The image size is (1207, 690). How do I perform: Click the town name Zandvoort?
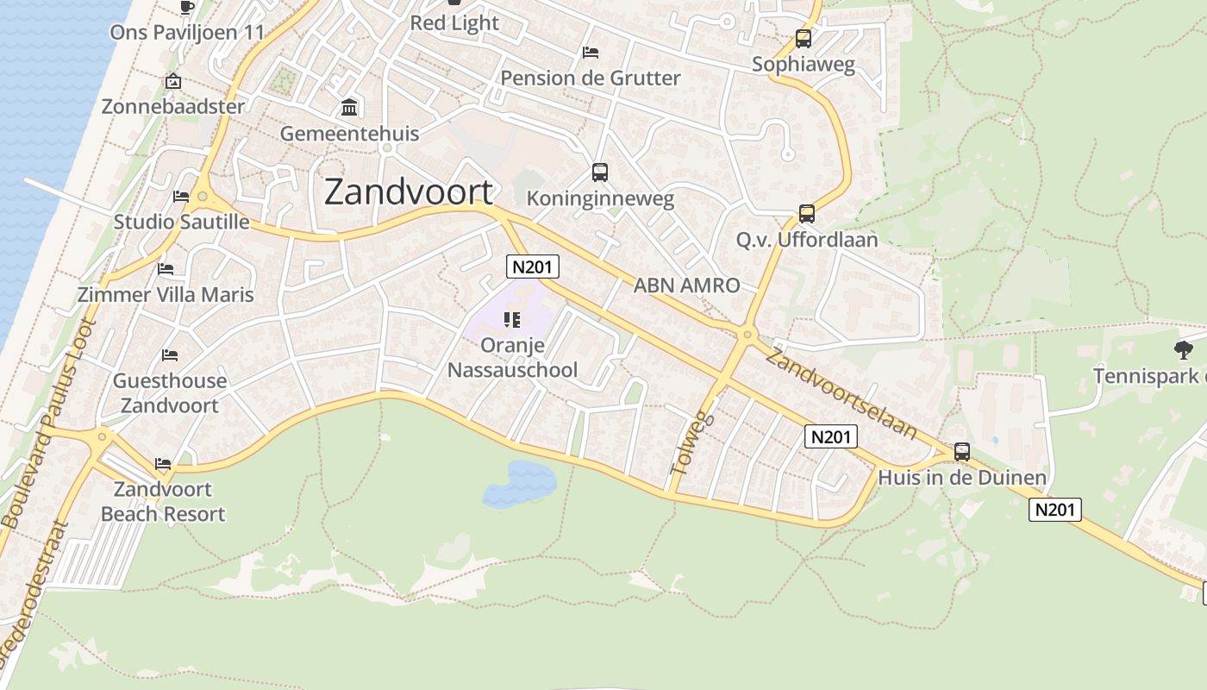(x=409, y=191)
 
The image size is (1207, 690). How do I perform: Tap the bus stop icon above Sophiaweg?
(x=804, y=39)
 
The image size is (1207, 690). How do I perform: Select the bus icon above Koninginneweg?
(x=600, y=172)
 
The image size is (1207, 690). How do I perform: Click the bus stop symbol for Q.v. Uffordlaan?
(x=807, y=214)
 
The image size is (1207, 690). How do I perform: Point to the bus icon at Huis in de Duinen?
(x=962, y=452)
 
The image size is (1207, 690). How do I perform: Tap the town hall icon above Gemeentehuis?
(x=350, y=108)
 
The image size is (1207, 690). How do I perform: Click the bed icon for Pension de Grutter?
(x=591, y=53)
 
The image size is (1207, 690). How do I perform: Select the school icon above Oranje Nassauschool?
(x=512, y=320)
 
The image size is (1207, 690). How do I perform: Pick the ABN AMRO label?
(x=686, y=285)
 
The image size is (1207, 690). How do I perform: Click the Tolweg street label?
(x=681, y=443)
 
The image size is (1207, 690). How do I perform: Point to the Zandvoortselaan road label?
(x=841, y=393)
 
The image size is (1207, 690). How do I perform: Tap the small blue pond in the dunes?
(x=520, y=483)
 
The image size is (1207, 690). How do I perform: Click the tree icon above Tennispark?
(x=1183, y=350)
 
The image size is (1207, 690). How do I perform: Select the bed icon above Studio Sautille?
(x=181, y=197)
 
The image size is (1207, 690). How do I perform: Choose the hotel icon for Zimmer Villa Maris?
(x=166, y=269)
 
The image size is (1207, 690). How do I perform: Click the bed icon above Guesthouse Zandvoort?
(x=170, y=355)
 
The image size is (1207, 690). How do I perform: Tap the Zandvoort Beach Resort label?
(x=163, y=501)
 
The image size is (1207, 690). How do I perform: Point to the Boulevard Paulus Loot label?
(x=49, y=423)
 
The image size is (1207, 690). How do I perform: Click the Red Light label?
(x=454, y=22)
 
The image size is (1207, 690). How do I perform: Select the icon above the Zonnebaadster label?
(x=173, y=82)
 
